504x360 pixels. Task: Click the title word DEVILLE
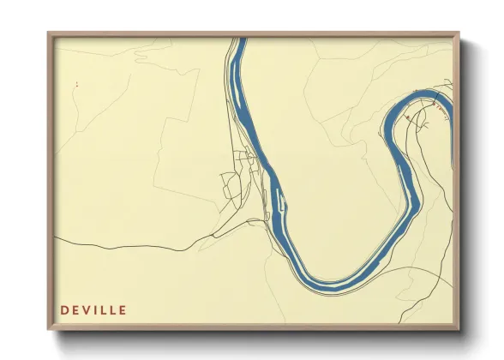point(93,309)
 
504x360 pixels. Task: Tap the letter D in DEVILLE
point(64,309)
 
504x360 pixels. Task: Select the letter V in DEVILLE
point(88,309)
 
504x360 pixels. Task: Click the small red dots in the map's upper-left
point(76,84)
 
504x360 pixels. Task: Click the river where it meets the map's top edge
point(241,40)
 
